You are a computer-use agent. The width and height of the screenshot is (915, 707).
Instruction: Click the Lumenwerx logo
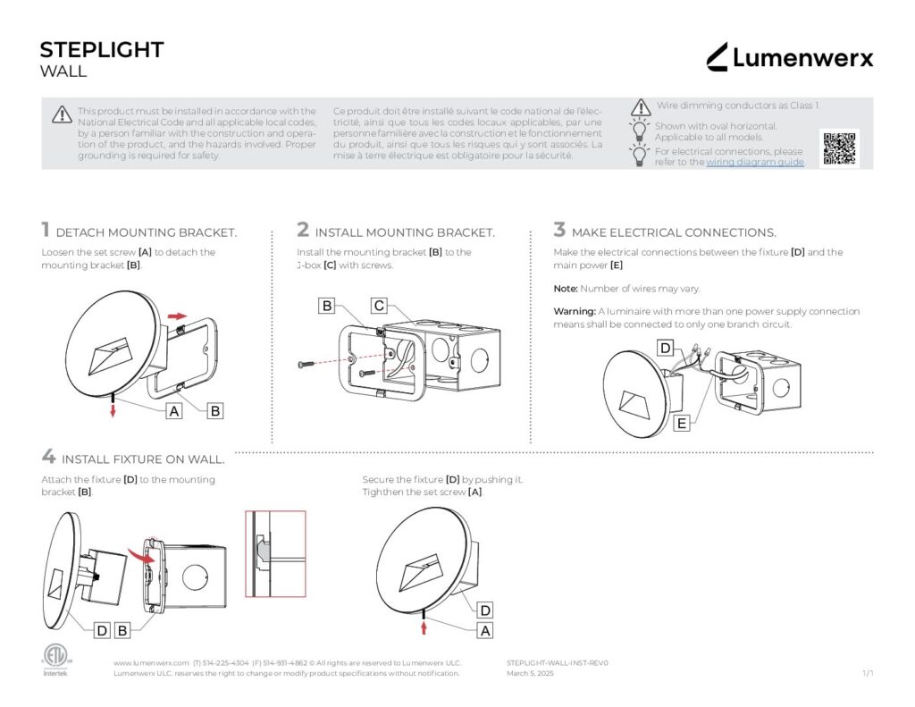click(789, 58)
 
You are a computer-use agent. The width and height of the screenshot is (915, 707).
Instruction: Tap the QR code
click(839, 148)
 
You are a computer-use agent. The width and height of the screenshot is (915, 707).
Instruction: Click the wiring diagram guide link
click(755, 163)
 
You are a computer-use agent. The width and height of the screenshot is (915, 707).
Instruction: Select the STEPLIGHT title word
click(102, 50)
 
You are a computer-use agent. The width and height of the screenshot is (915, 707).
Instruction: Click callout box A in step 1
click(175, 410)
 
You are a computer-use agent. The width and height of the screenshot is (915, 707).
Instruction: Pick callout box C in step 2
click(379, 307)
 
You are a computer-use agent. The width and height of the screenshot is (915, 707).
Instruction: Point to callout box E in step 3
click(682, 424)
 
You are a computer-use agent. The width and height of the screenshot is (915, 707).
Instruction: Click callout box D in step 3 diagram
click(665, 348)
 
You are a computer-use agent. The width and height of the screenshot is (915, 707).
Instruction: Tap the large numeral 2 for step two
click(303, 231)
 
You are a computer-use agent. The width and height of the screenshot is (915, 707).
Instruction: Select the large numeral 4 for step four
click(48, 457)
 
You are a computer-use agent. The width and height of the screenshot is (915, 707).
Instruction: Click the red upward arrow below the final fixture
click(424, 628)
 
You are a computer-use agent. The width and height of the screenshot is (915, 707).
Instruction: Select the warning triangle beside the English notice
click(62, 114)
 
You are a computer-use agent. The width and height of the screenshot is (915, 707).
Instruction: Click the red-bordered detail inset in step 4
click(275, 553)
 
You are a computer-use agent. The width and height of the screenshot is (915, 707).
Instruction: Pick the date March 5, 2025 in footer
click(530, 673)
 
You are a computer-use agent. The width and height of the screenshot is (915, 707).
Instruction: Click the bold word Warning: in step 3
click(575, 312)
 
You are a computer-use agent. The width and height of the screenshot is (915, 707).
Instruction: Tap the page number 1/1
click(867, 673)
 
